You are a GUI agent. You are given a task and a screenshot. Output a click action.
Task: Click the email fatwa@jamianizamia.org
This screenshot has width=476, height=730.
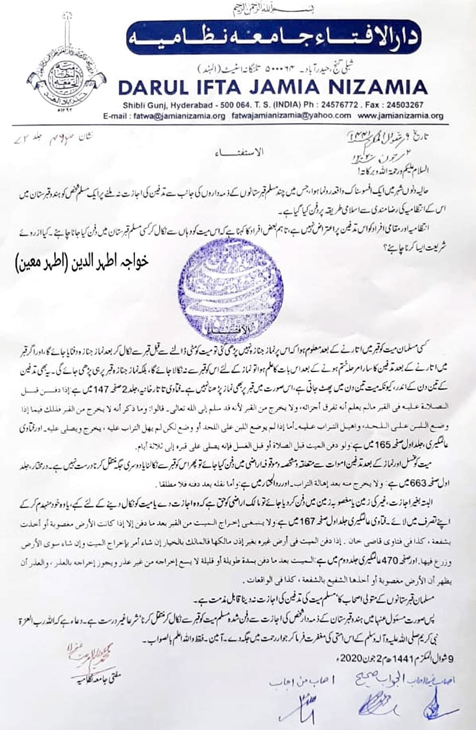coord(180,116)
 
